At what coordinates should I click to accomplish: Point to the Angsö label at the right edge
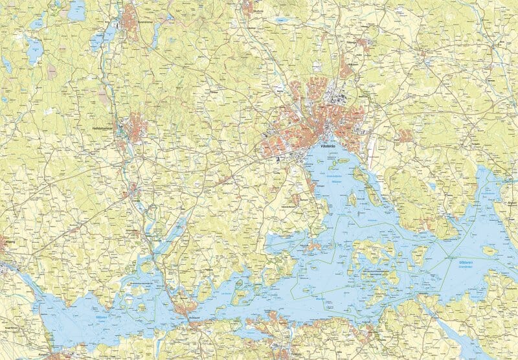(511, 203)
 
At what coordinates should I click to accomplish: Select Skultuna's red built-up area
(248, 7)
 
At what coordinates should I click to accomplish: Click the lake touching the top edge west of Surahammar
(78, 9)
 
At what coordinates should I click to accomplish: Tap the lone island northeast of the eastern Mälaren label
(490, 251)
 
